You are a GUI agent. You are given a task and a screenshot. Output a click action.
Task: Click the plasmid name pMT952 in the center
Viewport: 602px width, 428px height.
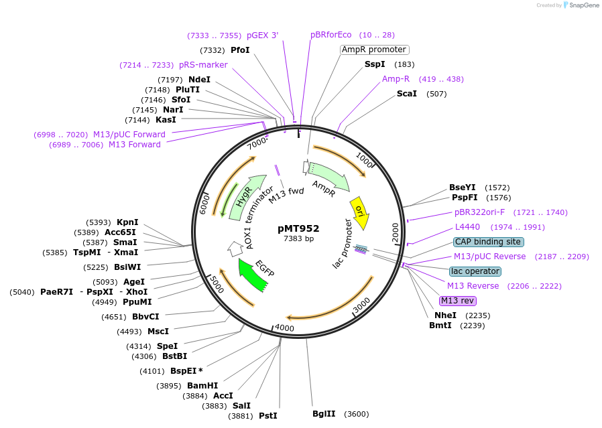pyautogui.click(x=298, y=228)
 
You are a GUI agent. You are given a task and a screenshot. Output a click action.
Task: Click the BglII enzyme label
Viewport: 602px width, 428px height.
pyautogui.click(x=325, y=414)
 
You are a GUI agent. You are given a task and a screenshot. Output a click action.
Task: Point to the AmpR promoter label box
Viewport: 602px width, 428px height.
pyautogui.click(x=374, y=50)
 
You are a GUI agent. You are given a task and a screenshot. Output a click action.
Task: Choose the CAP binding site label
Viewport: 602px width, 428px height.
pyautogui.click(x=488, y=242)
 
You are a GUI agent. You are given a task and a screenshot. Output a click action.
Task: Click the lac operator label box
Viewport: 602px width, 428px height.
pyautogui.click(x=475, y=271)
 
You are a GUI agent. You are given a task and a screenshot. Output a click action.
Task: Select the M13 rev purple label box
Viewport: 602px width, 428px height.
pyautogui.click(x=457, y=300)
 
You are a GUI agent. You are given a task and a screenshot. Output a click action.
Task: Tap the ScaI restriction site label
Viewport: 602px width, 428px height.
pyautogui.click(x=407, y=94)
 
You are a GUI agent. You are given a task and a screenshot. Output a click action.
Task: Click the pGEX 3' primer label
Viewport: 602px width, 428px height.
pyautogui.click(x=262, y=35)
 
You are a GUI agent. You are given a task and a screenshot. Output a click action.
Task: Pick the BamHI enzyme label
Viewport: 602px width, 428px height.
pyautogui.click(x=202, y=386)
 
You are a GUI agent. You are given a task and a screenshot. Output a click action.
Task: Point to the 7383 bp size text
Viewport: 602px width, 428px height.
pyautogui.click(x=298, y=238)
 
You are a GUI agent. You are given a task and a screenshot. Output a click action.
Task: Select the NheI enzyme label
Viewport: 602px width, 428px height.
pyautogui.click(x=445, y=315)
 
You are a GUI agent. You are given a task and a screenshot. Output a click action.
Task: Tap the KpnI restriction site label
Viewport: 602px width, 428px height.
pyautogui.click(x=127, y=222)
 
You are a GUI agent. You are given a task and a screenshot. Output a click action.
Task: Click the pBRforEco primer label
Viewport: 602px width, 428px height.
pyautogui.click(x=331, y=35)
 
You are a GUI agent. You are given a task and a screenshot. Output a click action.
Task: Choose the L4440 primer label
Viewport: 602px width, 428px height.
pyautogui.click(x=467, y=227)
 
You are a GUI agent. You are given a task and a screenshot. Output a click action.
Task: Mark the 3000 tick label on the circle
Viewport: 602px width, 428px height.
pyautogui.click(x=361, y=305)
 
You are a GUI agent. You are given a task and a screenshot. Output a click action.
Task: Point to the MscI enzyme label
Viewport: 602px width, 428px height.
pyautogui.click(x=158, y=331)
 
